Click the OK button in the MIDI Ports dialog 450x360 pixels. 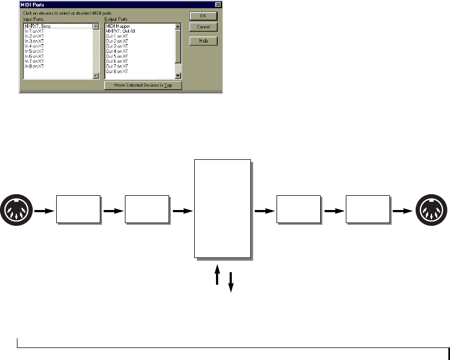click(x=203, y=16)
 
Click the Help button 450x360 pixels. click(x=203, y=41)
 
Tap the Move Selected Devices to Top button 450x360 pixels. click(x=143, y=86)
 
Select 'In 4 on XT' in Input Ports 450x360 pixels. click(x=34, y=46)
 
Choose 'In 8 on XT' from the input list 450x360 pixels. click(x=34, y=67)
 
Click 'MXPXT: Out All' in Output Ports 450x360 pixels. click(x=120, y=31)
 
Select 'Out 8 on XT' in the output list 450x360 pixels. click(x=117, y=71)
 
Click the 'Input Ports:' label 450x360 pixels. click(x=32, y=21)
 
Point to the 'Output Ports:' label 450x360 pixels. click(x=116, y=21)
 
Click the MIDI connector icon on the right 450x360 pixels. click(x=431, y=209)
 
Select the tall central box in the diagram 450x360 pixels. click(x=223, y=208)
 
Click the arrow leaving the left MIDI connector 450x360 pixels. click(x=41, y=209)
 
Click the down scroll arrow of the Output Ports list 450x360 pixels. click(x=178, y=76)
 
